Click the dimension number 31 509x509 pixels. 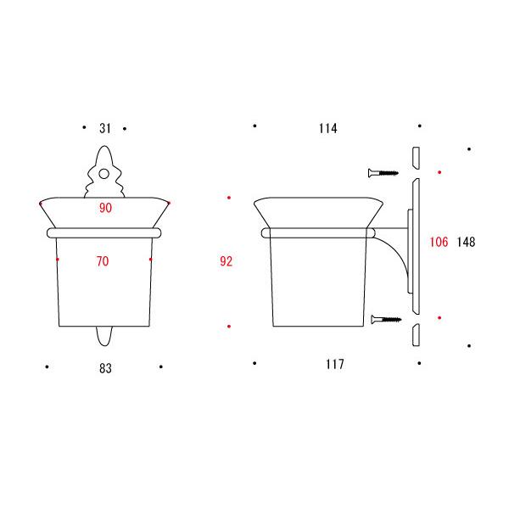tap(105, 128)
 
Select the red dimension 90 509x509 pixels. tap(105, 208)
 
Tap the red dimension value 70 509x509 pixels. tap(103, 261)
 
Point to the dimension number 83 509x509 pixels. tap(105, 368)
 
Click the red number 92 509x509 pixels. tap(227, 261)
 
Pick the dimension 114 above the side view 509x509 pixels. tap(327, 128)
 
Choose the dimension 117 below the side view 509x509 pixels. tap(335, 364)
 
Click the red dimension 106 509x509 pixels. tap(439, 242)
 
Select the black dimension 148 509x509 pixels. tap(466, 242)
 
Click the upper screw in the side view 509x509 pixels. tap(383, 173)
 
